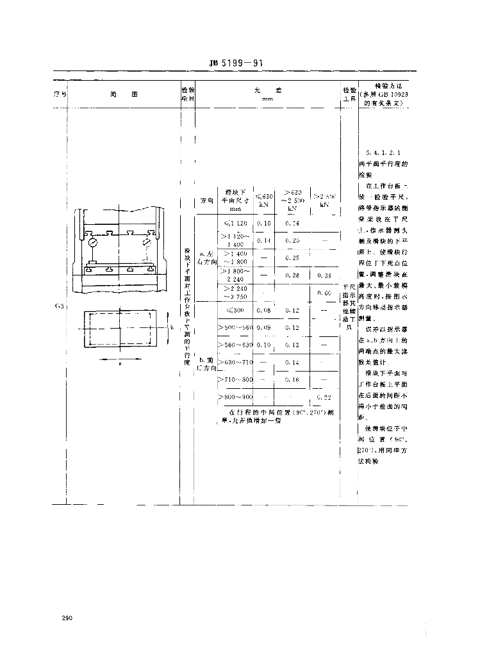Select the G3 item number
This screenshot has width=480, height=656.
click(59, 307)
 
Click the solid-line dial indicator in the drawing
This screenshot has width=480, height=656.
click(94, 244)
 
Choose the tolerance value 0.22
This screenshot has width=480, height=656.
click(324, 398)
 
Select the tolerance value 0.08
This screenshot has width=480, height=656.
click(263, 311)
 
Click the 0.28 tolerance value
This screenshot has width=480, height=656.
click(292, 275)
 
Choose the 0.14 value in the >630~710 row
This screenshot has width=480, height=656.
click(292, 363)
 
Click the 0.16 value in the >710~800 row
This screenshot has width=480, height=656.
click(292, 380)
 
